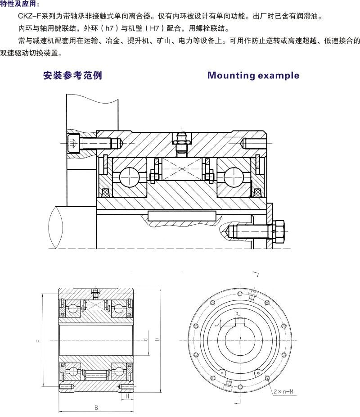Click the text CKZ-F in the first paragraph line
click(29, 16)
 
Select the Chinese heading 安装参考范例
click(72, 75)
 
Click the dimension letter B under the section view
click(96, 408)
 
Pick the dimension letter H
click(127, 396)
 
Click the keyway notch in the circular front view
click(240, 321)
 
